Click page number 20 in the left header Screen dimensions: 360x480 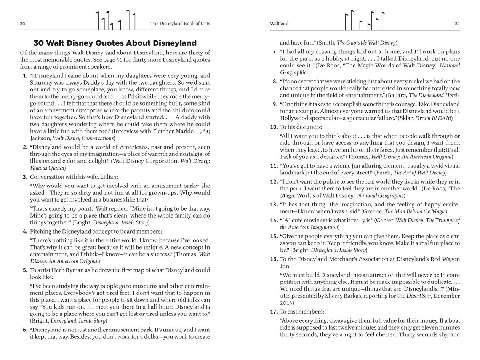[22, 24]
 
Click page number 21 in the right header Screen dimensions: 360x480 [457, 24]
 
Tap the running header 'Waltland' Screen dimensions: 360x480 [279, 24]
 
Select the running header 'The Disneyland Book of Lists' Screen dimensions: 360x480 [180, 24]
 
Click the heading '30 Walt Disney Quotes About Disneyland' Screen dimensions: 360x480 [115, 43]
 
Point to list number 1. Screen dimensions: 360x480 [25, 76]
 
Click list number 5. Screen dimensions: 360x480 [25, 270]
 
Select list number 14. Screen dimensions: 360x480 [274, 221]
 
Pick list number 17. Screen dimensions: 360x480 [274, 312]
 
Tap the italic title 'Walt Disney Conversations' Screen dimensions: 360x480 [83, 138]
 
